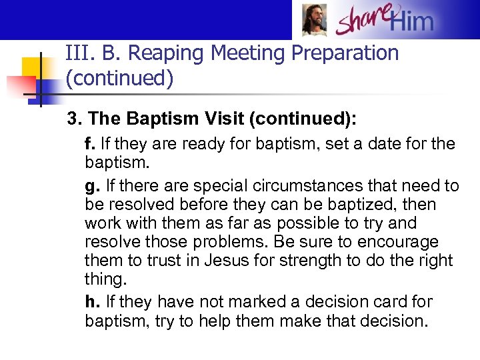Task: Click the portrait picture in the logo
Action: click(314, 20)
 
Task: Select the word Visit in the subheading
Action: click(221, 119)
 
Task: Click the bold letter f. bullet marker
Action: click(90, 143)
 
